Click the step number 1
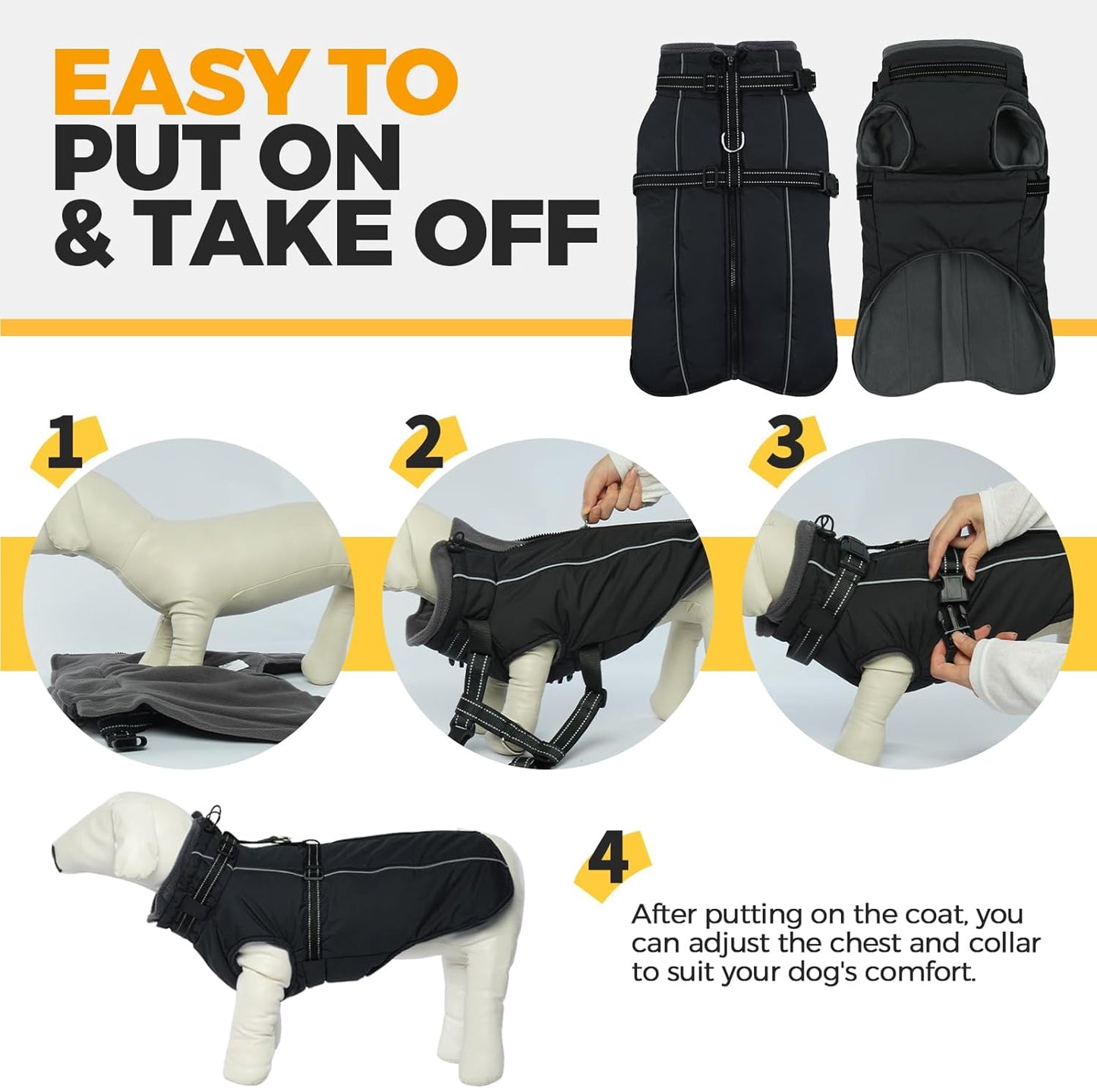(x=65, y=443)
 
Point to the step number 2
(x=424, y=443)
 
